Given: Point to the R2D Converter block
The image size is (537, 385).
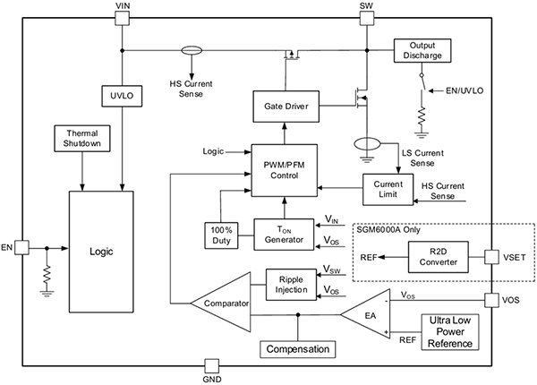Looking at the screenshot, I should tap(435, 258).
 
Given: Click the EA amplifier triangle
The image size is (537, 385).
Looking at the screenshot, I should tap(368, 314).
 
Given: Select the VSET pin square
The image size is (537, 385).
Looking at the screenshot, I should tap(492, 258).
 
